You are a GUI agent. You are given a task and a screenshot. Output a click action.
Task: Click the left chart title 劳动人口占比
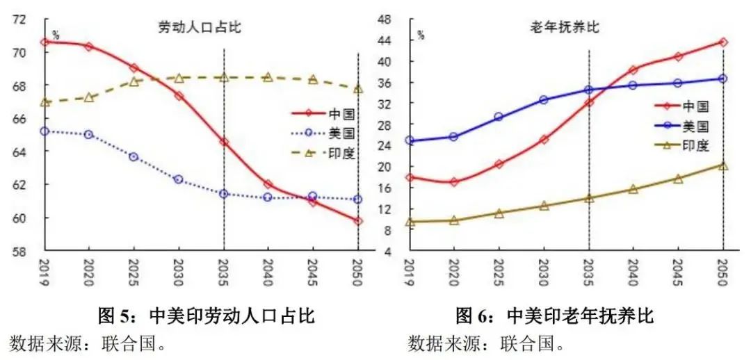coord(199,28)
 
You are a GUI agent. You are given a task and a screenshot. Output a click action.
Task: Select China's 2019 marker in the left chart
coord(45,42)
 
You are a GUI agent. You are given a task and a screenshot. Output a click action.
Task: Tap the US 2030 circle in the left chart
coord(179,179)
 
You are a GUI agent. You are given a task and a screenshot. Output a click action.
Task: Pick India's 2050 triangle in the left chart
coord(358,89)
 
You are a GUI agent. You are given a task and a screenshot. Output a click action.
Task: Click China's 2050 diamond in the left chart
coord(358,221)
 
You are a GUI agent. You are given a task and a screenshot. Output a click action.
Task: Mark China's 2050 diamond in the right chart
coord(723,42)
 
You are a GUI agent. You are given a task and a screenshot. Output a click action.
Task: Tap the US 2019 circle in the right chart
coord(410,140)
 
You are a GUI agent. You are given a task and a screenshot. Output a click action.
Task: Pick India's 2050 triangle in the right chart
coord(723,165)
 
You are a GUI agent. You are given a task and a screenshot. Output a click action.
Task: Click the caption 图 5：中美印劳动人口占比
coord(207,318)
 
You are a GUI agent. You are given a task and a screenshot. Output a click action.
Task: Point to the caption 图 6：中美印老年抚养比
coord(554,318)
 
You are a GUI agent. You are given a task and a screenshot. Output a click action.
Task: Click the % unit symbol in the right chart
coord(421,33)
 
